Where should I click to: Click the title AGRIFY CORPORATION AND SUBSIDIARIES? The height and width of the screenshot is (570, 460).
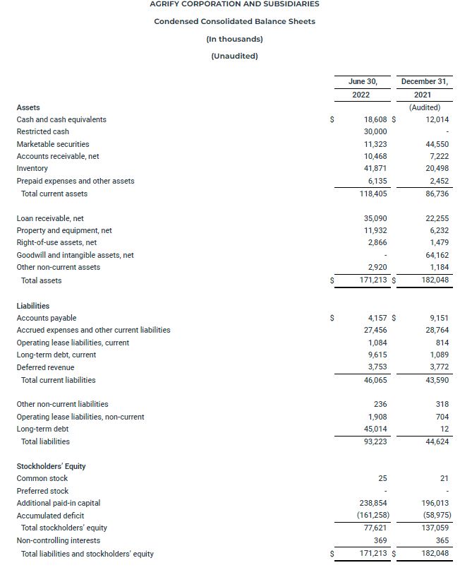click(234, 4)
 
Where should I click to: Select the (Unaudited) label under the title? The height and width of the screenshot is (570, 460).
click(234, 57)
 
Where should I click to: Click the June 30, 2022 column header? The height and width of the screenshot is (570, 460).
click(362, 88)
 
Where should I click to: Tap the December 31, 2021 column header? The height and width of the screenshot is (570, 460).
click(424, 88)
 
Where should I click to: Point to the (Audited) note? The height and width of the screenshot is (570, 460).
click(425, 107)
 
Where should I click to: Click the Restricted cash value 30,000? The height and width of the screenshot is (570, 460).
click(375, 132)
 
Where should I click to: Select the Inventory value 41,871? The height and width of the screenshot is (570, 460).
click(375, 169)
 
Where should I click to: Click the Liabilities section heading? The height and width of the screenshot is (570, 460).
click(33, 306)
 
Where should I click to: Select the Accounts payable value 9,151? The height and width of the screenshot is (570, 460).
click(438, 318)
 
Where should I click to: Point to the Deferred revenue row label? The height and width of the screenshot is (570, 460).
click(45, 367)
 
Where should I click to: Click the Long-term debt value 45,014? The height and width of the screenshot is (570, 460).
click(375, 429)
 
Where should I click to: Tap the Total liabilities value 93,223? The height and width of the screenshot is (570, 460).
click(375, 441)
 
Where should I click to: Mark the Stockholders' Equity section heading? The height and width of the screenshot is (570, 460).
click(52, 466)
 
